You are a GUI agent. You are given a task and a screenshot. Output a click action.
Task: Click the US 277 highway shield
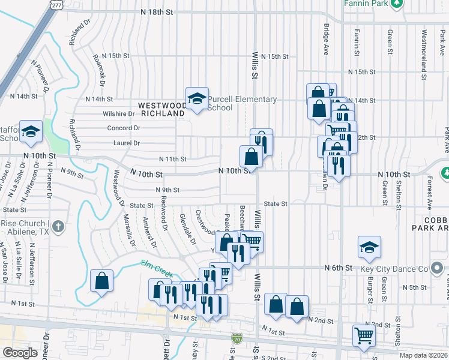(56, 5)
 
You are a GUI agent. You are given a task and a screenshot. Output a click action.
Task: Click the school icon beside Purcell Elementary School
(196, 99)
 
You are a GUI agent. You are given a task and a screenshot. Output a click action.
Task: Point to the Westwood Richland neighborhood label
(162, 109)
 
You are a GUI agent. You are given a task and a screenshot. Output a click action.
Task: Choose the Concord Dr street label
(123, 128)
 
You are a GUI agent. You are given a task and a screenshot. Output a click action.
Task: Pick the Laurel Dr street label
(127, 143)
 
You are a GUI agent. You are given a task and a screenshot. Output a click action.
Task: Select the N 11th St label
(172, 159)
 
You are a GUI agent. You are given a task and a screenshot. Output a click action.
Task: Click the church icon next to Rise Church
(58, 226)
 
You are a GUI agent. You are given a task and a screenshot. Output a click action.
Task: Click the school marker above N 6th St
(369, 247)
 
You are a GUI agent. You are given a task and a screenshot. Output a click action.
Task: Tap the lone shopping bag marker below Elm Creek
(101, 280)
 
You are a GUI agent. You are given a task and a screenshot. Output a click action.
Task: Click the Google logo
(20, 353)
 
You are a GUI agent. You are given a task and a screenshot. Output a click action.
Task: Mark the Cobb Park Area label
(429, 223)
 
